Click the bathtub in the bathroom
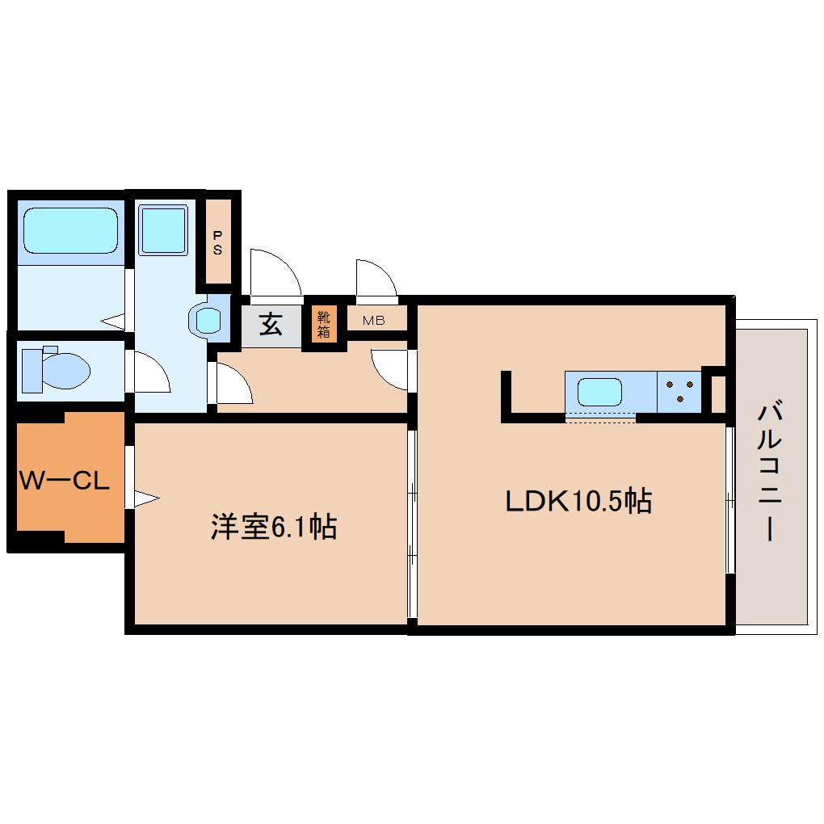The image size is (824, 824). (x=70, y=230)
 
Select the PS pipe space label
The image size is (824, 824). (x=217, y=242)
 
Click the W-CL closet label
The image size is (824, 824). (x=64, y=482)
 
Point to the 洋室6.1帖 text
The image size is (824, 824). (x=273, y=528)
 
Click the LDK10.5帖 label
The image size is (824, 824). (x=578, y=502)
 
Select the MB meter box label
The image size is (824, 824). (x=373, y=321)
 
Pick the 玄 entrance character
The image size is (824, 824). (x=271, y=325)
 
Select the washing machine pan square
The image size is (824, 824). (x=163, y=229)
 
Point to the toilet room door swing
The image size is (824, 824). (x=152, y=372)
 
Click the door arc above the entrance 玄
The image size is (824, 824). (x=275, y=271)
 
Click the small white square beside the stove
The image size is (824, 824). (x=717, y=393)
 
